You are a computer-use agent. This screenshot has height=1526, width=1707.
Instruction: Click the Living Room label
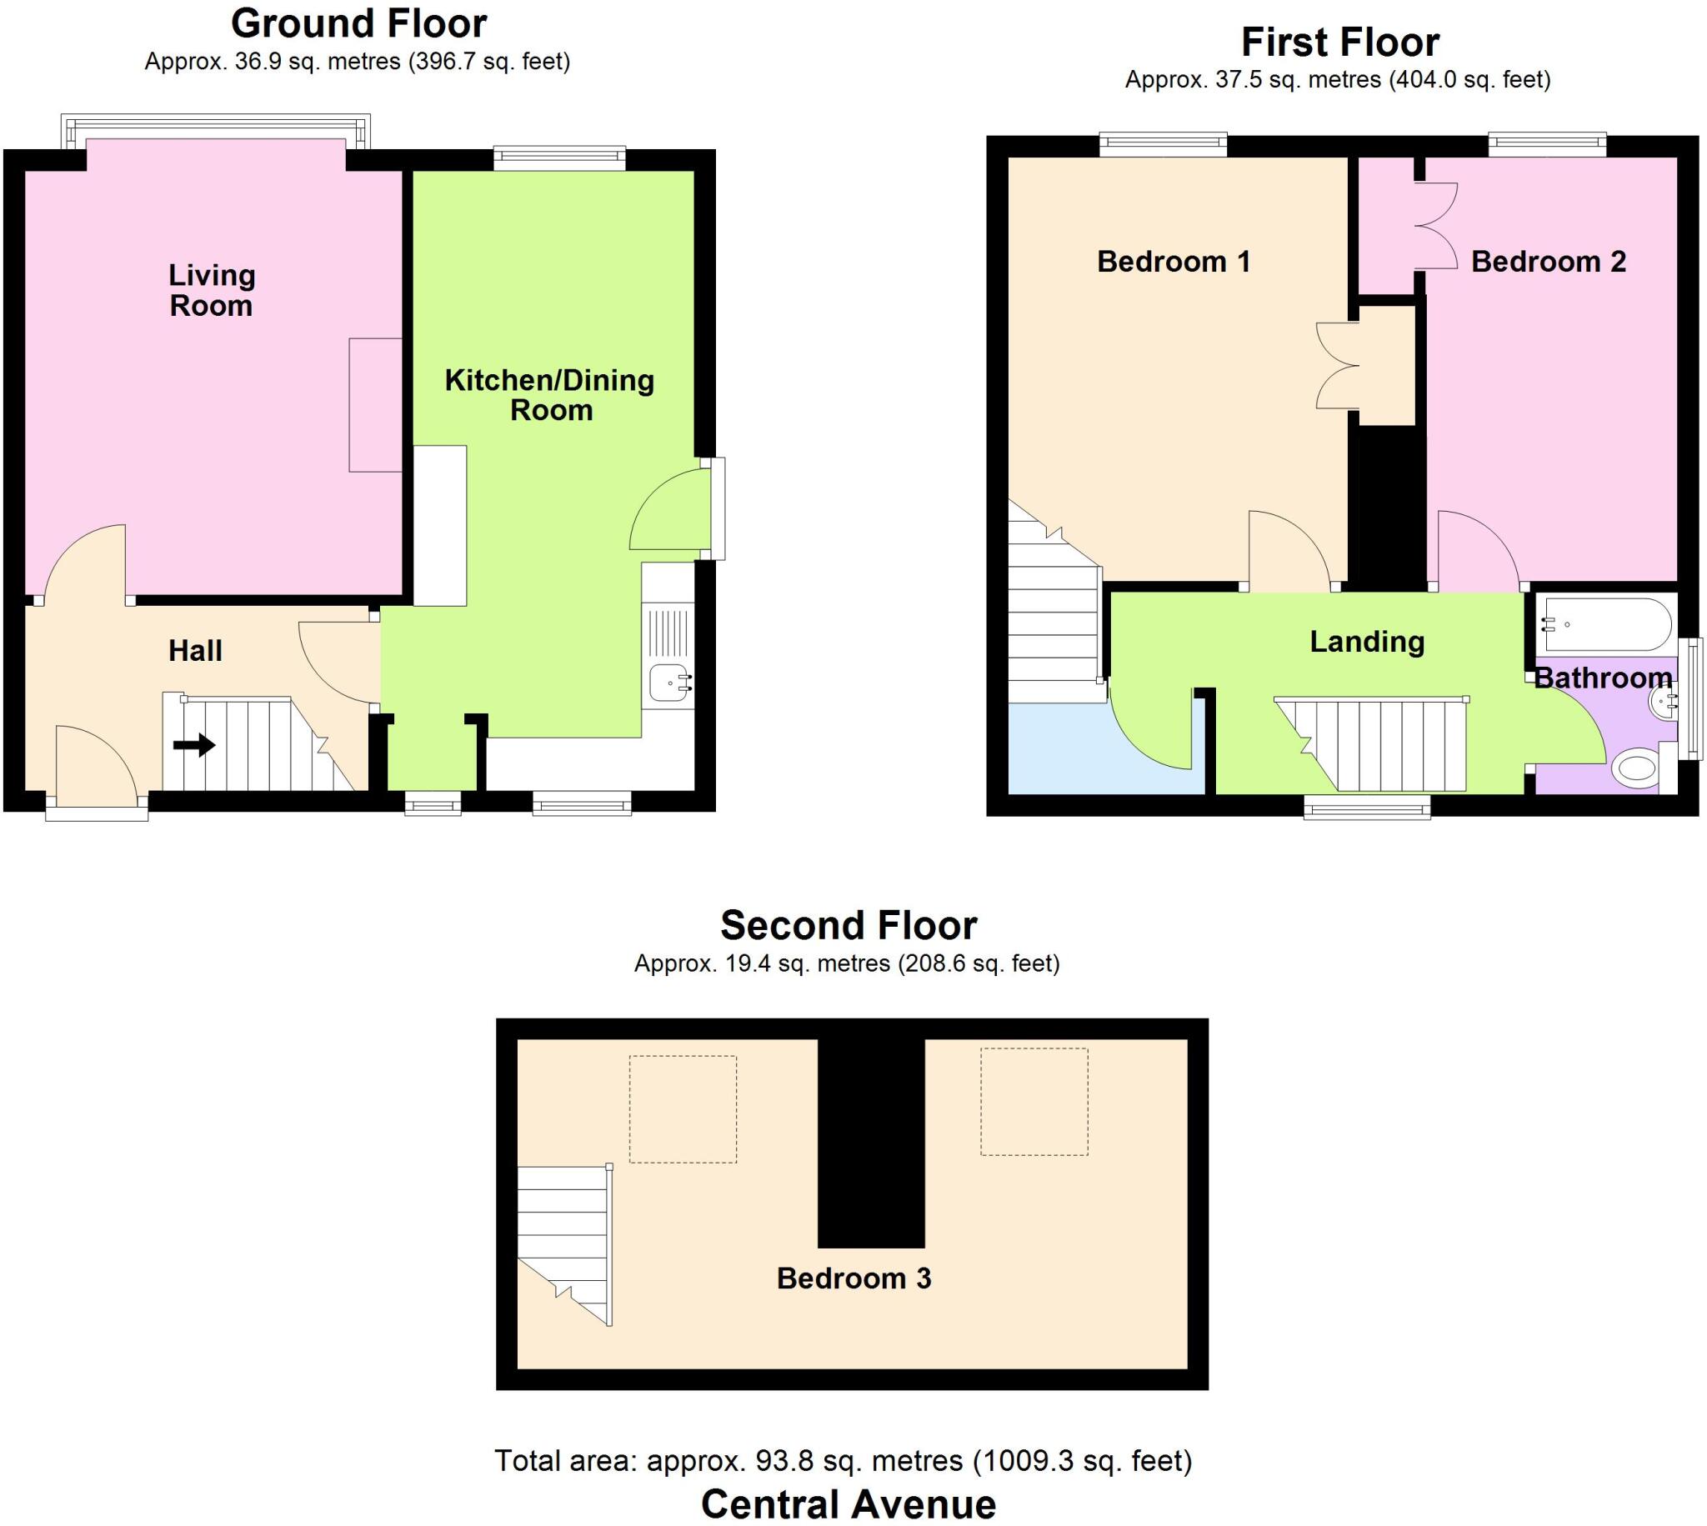click(x=211, y=290)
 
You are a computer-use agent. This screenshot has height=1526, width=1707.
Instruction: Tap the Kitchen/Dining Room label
click(x=550, y=395)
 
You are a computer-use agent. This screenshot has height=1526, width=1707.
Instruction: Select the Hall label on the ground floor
click(x=195, y=651)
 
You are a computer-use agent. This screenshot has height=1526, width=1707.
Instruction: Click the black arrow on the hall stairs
click(x=194, y=744)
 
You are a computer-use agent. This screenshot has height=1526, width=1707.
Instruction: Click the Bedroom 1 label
click(x=1173, y=262)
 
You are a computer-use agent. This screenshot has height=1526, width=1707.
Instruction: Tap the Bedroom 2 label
click(x=1548, y=262)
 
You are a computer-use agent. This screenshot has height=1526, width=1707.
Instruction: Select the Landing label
click(x=1367, y=642)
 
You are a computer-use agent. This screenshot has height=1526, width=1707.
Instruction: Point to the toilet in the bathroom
click(x=1634, y=768)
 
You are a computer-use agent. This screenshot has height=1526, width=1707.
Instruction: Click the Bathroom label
click(x=1603, y=678)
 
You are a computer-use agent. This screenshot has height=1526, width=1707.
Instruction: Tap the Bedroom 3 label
click(x=853, y=1278)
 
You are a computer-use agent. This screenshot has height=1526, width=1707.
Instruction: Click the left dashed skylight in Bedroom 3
click(x=683, y=1108)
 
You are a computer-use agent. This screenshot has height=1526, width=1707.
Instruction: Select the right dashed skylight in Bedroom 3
click(x=1034, y=1102)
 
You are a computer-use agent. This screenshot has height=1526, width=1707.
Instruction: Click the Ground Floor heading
click(x=359, y=23)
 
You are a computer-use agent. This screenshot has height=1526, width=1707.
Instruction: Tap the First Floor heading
click(x=1339, y=42)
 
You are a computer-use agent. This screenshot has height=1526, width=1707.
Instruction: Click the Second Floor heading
click(x=848, y=926)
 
